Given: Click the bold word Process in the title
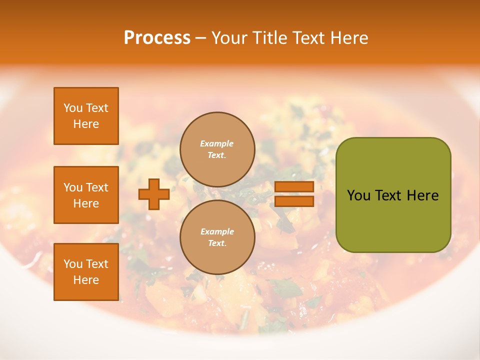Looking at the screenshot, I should [x=157, y=38].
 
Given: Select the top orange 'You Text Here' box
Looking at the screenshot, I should [x=86, y=116].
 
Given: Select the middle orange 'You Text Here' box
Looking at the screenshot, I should [x=86, y=195].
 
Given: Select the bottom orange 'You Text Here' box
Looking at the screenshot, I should [x=86, y=272].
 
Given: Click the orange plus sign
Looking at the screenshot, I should [x=154, y=194].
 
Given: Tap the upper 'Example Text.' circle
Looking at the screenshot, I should [x=217, y=149].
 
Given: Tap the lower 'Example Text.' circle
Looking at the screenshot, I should [x=217, y=237].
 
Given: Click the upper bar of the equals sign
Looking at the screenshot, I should [x=294, y=187].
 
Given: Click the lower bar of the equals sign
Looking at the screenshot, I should [x=294, y=201].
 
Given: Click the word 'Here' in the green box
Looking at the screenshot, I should [x=422, y=195].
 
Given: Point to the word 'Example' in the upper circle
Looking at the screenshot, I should [x=217, y=144].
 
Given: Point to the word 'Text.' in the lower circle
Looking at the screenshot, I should [x=217, y=243].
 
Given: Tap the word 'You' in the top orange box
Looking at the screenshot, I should [x=73, y=108].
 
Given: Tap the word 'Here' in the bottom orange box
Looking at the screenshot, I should [x=86, y=280].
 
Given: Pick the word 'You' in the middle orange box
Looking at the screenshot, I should [x=73, y=187].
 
